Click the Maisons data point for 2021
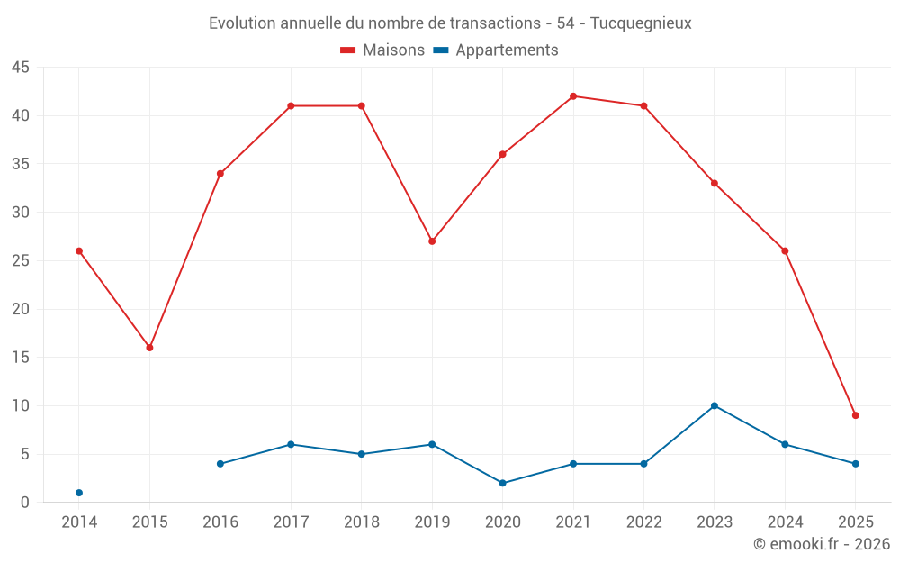[x=573, y=96]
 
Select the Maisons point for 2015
[x=149, y=348]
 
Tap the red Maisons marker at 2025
[x=855, y=415]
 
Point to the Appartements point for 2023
[x=715, y=405]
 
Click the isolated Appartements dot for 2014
[x=79, y=493]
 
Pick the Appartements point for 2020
[x=502, y=483]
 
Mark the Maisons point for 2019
[x=432, y=241]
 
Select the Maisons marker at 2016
[x=220, y=174]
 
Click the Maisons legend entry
[x=382, y=50]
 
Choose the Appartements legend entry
[x=496, y=50]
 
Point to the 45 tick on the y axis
[x=20, y=68]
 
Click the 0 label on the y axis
[x=25, y=503]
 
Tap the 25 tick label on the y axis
[x=20, y=261]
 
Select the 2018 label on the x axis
[x=361, y=522]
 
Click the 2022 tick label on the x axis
[x=643, y=522]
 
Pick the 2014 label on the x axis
[x=79, y=522]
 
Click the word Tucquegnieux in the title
[x=641, y=23]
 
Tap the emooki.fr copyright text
[x=821, y=544]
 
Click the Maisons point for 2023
[x=715, y=184]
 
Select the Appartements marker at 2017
[x=291, y=444]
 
